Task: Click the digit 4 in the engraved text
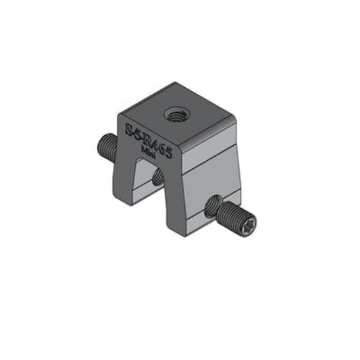click(157, 144)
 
